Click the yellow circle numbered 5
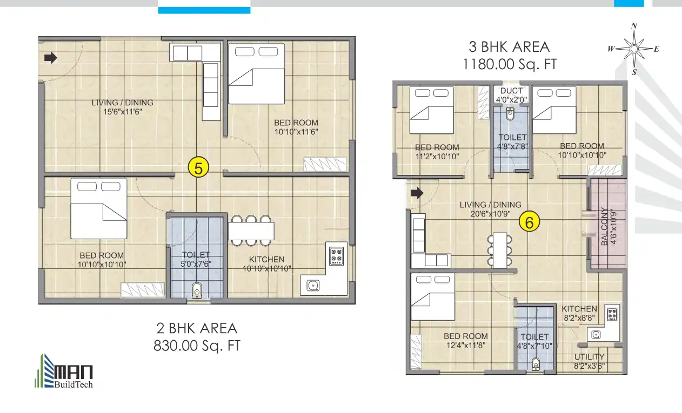click(198, 168)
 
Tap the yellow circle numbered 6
click(530, 221)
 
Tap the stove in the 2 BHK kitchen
click(336, 256)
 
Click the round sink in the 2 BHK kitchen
click(312, 286)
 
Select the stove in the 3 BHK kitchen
click(612, 314)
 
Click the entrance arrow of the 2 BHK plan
click(51, 58)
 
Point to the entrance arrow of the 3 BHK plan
click(417, 193)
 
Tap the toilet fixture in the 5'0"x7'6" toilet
click(197, 290)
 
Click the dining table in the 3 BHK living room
click(499, 250)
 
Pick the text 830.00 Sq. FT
click(197, 346)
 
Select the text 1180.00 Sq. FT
click(509, 64)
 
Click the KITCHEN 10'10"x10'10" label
click(267, 264)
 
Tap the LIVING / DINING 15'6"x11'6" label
click(122, 107)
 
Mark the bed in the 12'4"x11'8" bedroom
click(432, 297)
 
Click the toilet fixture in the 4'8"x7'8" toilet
click(510, 114)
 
